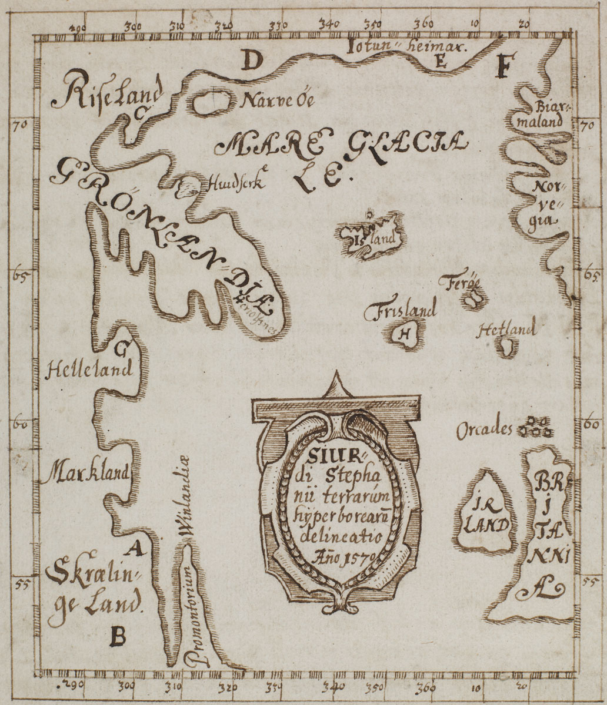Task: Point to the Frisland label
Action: pos(400,311)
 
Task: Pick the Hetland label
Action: pos(507,330)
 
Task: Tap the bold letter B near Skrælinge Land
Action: pos(118,635)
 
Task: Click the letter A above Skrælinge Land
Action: pos(135,549)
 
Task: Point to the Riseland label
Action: pos(106,95)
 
